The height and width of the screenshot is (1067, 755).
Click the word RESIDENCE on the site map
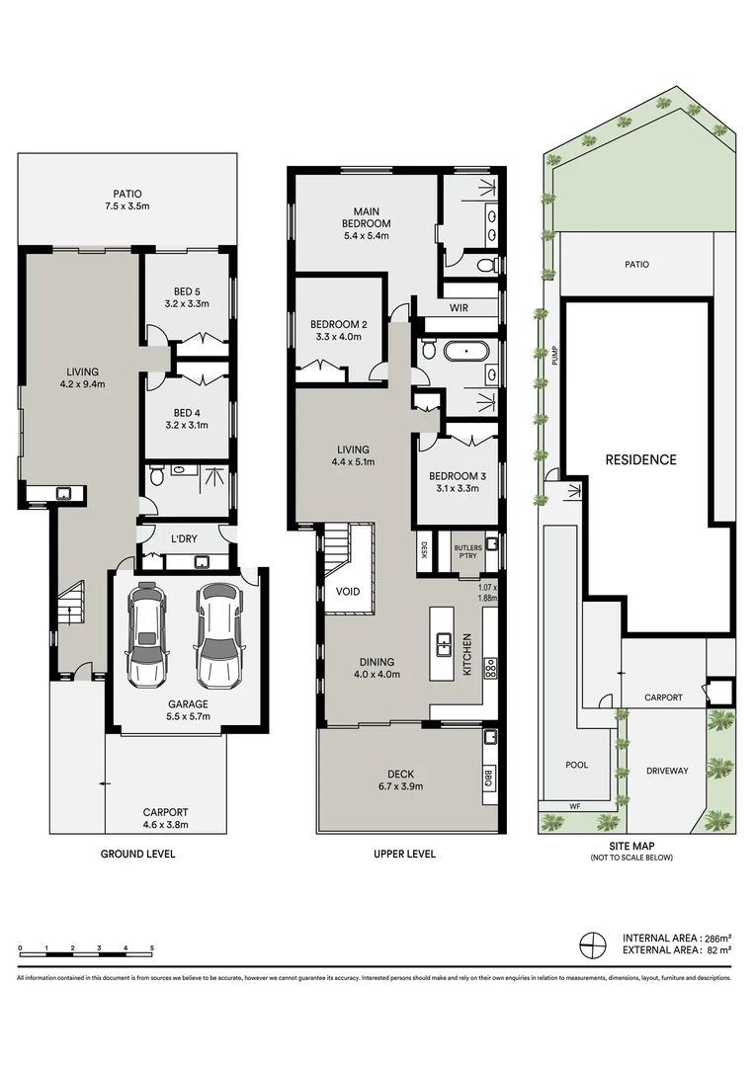(640, 459)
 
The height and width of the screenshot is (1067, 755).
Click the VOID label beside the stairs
(349, 592)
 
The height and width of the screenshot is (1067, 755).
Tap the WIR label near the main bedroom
(460, 308)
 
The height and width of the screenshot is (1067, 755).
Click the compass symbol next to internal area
(591, 944)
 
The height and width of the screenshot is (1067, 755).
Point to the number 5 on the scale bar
(152, 948)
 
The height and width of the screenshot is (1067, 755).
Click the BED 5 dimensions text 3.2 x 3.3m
(187, 305)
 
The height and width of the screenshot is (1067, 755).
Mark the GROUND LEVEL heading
(138, 854)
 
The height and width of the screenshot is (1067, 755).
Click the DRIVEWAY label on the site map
(667, 770)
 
